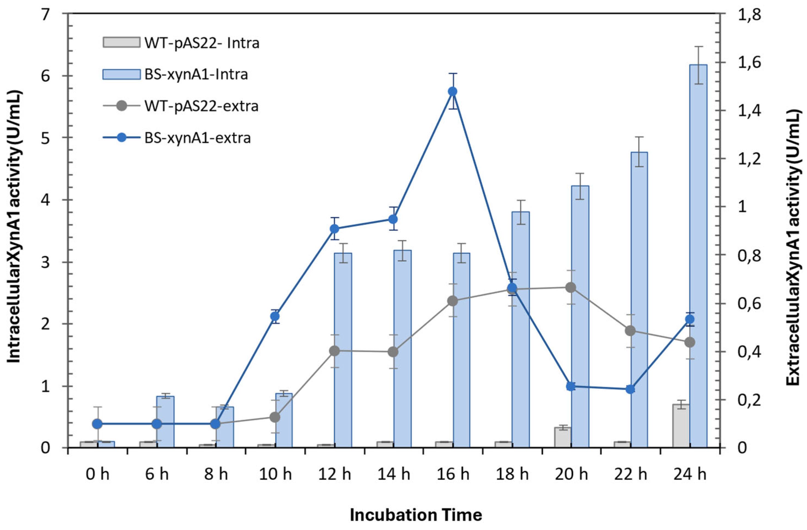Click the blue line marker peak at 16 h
(x=453, y=91)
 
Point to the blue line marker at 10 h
(x=275, y=317)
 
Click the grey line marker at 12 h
(x=334, y=351)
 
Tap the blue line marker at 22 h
(x=630, y=389)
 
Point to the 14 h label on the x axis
(x=394, y=474)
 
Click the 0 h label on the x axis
(x=98, y=474)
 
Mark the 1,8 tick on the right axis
(x=740, y=15)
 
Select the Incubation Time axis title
(x=416, y=515)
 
